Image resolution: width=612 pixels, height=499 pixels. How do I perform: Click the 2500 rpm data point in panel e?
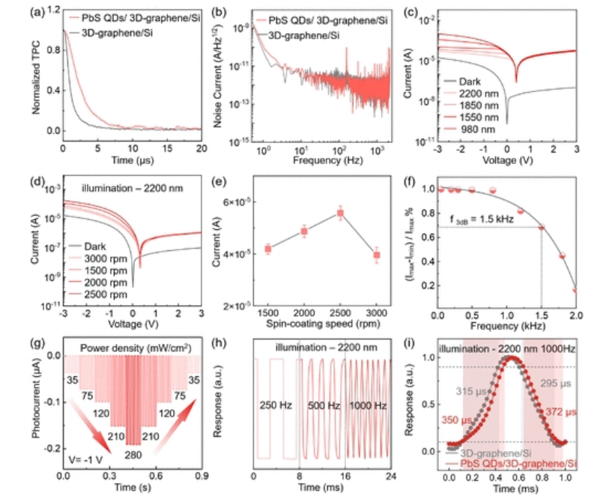[x=340, y=214]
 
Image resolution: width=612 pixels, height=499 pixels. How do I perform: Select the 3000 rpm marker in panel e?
[x=377, y=255]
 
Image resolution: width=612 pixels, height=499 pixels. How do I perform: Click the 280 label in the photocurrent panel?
[x=133, y=455]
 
